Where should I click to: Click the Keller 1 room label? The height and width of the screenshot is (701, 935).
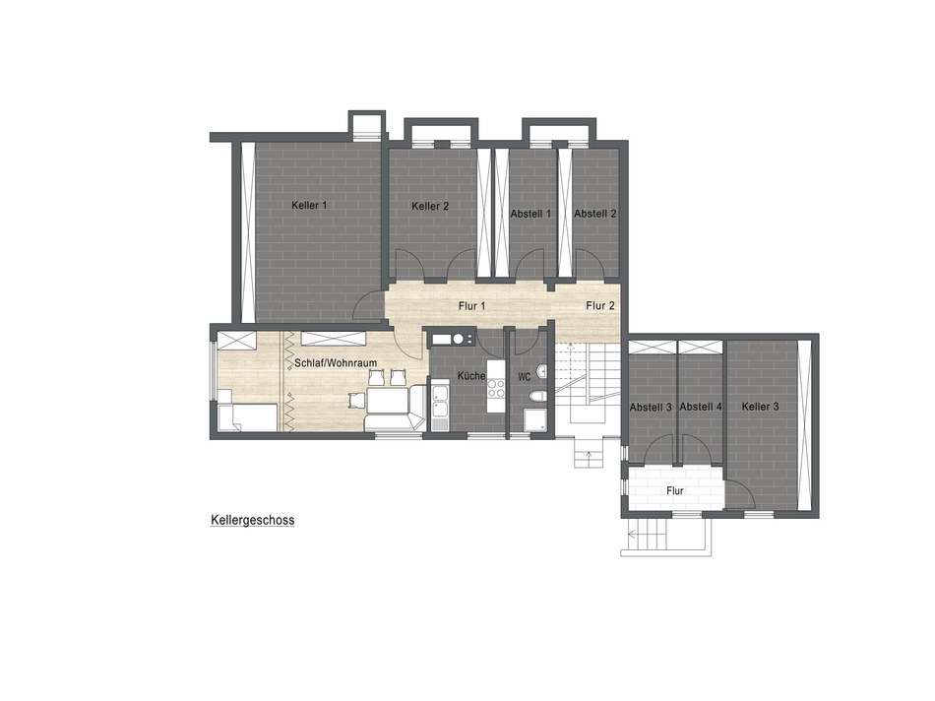tap(309, 205)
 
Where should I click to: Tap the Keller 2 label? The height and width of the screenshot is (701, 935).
tap(430, 207)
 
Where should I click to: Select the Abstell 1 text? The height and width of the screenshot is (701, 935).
tap(530, 214)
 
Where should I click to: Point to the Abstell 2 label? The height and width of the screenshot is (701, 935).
tap(595, 214)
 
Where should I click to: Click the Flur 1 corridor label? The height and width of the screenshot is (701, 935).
tap(471, 306)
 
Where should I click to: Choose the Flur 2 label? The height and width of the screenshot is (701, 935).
tap(600, 305)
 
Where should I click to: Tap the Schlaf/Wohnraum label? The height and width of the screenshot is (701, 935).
tap(336, 362)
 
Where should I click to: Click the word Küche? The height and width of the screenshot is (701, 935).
tap(471, 376)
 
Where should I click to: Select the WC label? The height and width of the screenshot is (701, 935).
tap(525, 377)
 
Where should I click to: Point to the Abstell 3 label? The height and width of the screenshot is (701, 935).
tap(651, 407)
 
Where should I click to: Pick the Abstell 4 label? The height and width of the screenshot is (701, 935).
tap(701, 407)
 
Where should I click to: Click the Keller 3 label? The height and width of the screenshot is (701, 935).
tap(760, 407)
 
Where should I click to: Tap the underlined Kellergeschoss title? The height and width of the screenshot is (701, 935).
tap(252, 520)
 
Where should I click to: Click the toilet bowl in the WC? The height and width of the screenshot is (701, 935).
tap(536, 396)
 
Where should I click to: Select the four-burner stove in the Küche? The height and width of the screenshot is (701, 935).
tap(496, 388)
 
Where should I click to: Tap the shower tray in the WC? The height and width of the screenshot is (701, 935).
tap(534, 420)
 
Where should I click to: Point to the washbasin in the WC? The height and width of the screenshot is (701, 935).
tap(541, 372)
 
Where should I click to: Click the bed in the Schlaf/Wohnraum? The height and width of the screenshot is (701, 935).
tap(247, 417)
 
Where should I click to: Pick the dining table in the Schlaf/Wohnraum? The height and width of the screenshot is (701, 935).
tap(388, 400)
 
